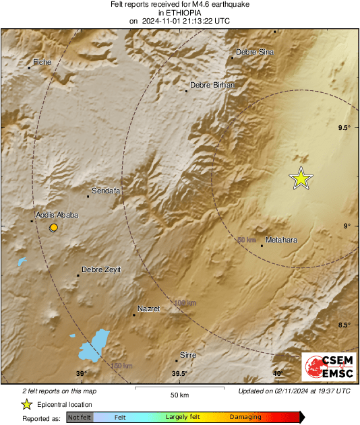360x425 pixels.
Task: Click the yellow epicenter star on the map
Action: tap(301, 178)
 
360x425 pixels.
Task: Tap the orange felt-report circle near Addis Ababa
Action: tap(54, 228)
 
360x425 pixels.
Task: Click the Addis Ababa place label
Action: tap(57, 215)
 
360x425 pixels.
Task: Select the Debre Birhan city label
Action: tap(212, 85)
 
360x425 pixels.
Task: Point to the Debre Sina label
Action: tap(255, 52)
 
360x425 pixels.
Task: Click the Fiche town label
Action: tap(42, 62)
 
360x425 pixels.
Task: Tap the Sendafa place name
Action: tap(106, 191)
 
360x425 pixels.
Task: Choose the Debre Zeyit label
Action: tap(101, 269)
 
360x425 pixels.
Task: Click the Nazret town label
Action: tap(148, 308)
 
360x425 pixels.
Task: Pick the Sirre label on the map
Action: tap(187, 354)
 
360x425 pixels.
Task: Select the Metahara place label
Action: tap(282, 240)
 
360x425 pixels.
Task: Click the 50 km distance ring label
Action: tap(247, 240)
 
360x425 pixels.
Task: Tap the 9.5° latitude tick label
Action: tap(344, 128)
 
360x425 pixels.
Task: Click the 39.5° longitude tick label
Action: tap(179, 374)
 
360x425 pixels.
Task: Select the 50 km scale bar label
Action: tap(179, 395)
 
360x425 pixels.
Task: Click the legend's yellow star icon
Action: tap(26, 404)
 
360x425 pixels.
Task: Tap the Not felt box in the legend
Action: tap(80, 418)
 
